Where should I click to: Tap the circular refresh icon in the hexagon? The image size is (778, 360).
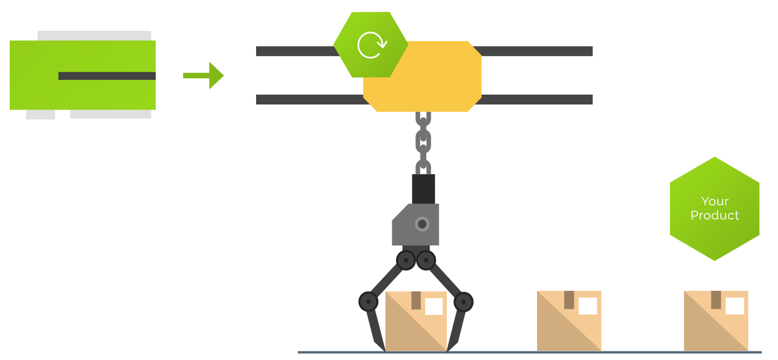tap(372, 45)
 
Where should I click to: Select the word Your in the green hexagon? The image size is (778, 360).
tap(715, 201)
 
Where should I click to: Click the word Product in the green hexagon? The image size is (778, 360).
tap(715, 215)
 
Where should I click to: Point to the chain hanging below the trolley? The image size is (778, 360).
tap(423, 142)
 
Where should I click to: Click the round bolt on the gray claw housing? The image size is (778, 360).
tap(422, 224)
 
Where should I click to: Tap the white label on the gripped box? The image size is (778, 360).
tap(433, 306)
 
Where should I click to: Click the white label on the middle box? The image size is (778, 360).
tap(587, 306)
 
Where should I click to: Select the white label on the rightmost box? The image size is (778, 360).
tap(734, 306)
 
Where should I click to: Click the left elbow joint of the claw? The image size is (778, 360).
tap(368, 301)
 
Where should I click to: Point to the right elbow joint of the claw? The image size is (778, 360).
tap(463, 301)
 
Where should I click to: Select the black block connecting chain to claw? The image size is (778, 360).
tap(423, 188)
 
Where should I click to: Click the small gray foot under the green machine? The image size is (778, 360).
tap(41, 115)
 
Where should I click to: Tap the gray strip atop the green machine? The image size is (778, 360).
tap(94, 36)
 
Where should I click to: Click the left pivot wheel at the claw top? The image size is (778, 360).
tap(406, 261)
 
